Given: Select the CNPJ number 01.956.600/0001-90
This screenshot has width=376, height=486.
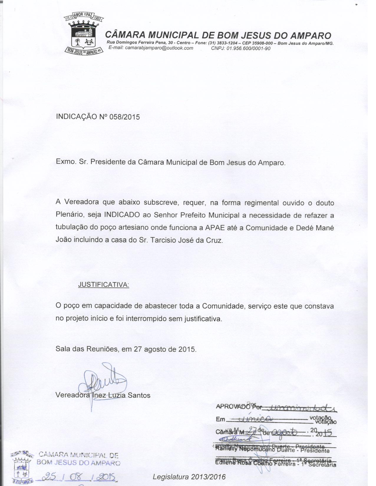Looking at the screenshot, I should (x=248, y=48).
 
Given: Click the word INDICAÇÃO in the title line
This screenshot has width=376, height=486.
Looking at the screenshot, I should (x=76, y=117).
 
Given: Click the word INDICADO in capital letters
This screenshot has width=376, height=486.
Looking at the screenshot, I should (x=122, y=215).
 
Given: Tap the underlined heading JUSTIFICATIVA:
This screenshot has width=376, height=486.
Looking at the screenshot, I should (x=103, y=285).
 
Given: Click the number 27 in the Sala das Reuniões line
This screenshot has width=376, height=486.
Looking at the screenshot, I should (x=138, y=349).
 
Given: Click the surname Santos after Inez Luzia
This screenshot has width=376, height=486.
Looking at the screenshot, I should (x=139, y=395).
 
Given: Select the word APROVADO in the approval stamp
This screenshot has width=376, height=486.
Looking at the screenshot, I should (x=233, y=407).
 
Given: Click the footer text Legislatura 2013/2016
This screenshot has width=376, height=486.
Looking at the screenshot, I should (x=189, y=477).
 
